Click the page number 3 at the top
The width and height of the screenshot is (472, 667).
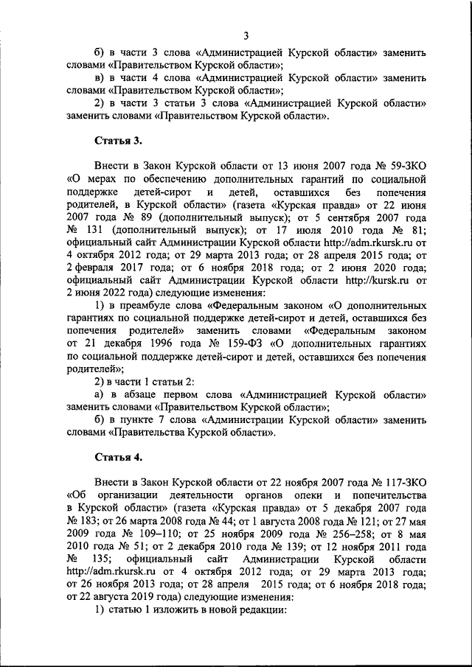tap(246, 36)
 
